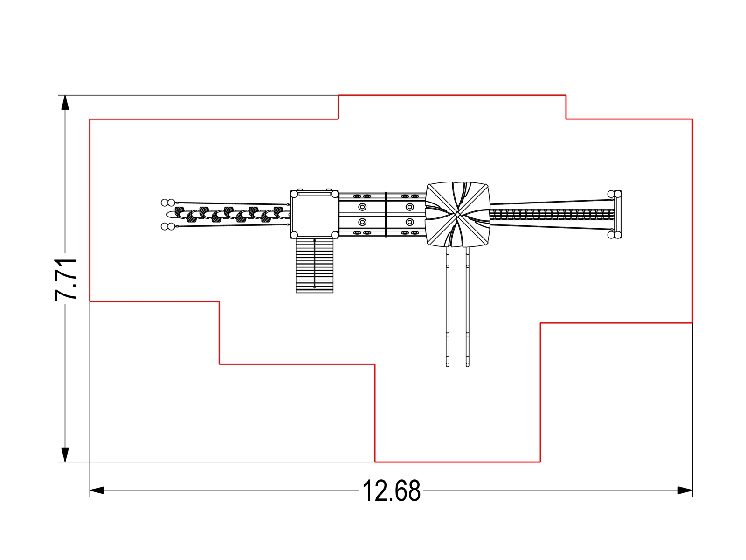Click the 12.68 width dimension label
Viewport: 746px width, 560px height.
392,490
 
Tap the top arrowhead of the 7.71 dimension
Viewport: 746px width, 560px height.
65,102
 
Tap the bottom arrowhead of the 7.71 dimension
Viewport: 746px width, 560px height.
65,455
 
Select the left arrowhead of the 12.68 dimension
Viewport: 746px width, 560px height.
97,490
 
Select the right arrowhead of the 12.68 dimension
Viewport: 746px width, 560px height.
685,490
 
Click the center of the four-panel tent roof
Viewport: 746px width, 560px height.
457,214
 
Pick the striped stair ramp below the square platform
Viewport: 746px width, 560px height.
314,265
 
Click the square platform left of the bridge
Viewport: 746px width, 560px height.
314,214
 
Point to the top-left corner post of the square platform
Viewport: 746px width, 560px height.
294,194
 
